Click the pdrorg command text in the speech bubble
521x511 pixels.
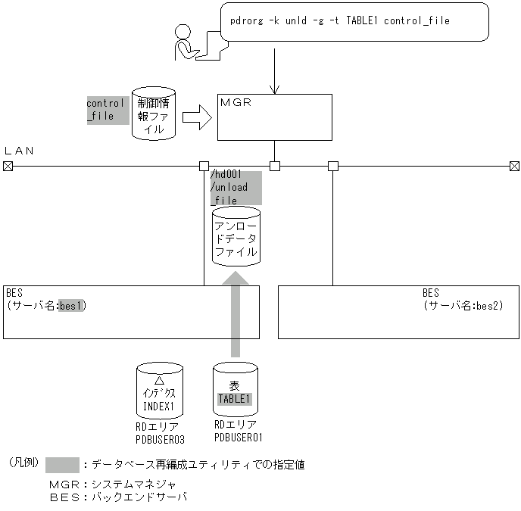tap(340, 21)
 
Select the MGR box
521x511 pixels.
tap(274, 117)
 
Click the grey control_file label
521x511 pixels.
tap(107, 110)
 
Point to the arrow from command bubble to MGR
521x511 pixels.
tap(274, 76)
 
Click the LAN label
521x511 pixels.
tap(20, 151)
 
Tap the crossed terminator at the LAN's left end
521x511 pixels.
tap(8, 166)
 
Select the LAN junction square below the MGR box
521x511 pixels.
tap(275, 166)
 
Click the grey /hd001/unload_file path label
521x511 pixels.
tap(235, 188)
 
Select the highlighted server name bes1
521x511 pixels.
tap(72, 306)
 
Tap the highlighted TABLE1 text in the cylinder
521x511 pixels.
tap(235, 399)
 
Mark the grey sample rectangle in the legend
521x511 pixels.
tap(62, 465)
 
